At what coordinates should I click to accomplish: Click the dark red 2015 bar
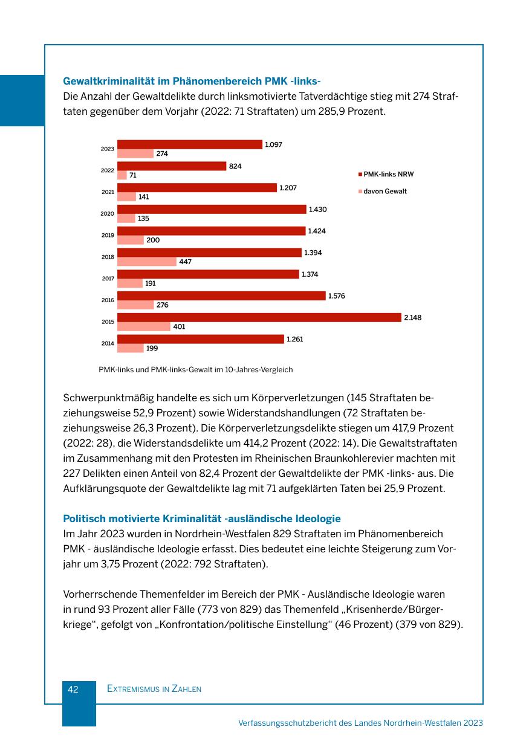[x=259, y=317]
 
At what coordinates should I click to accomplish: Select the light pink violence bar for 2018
[x=146, y=262]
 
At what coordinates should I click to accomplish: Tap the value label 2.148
[x=412, y=317]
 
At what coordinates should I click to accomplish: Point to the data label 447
[x=185, y=262]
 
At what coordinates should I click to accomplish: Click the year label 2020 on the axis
[x=107, y=213]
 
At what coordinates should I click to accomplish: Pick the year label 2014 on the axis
[x=107, y=343]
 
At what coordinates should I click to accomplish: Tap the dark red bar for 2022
[x=172, y=166]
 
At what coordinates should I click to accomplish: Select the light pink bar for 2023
[x=135, y=154]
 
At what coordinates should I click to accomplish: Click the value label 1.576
[x=337, y=296]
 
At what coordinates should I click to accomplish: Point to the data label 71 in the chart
[x=133, y=175]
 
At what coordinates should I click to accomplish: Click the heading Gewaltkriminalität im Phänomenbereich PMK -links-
[x=191, y=81]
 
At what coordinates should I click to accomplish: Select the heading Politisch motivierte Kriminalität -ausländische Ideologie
[x=201, y=519]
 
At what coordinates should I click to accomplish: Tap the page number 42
[x=73, y=689]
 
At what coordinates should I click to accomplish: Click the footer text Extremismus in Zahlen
[x=154, y=689]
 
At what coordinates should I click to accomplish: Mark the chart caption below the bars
[x=195, y=369]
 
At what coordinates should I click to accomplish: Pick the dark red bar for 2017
[x=208, y=274]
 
